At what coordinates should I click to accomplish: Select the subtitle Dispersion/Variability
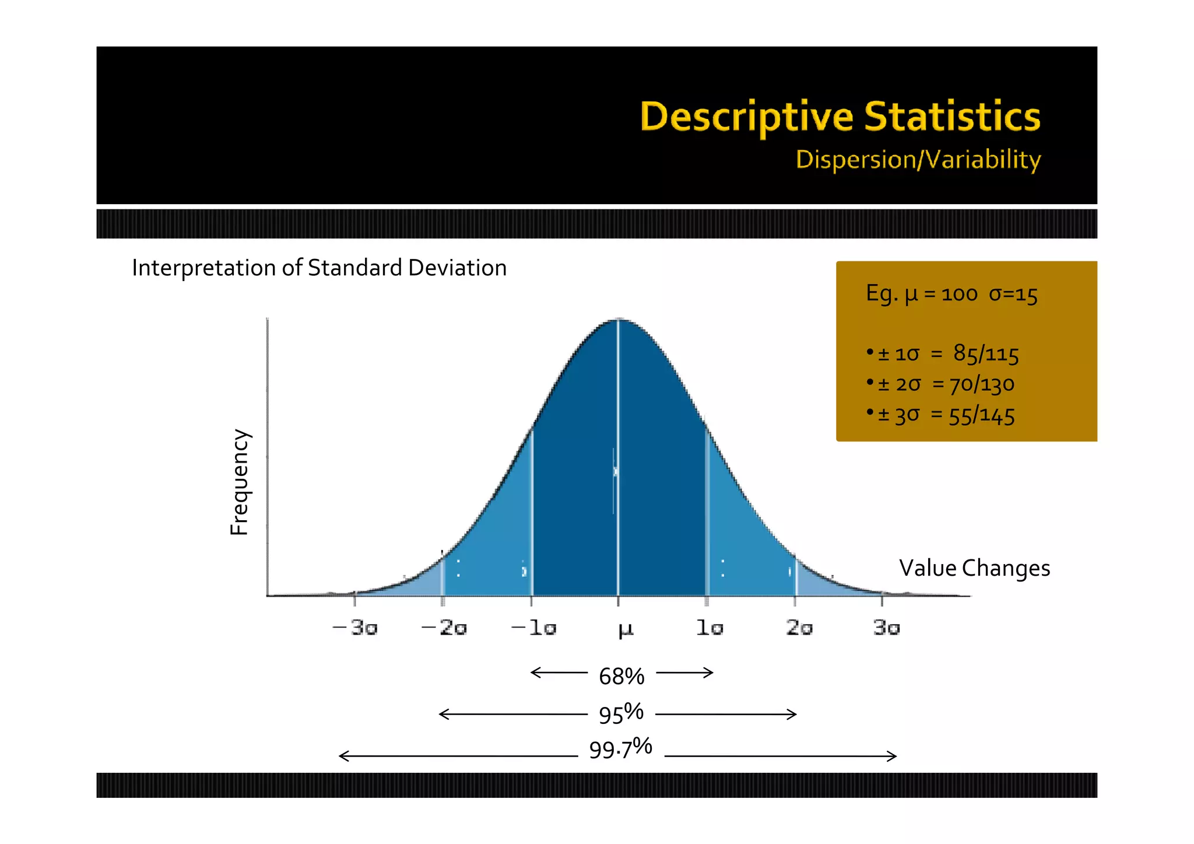[x=918, y=160]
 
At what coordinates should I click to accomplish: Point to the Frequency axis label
[x=240, y=482]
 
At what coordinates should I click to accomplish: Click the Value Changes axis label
[x=974, y=568]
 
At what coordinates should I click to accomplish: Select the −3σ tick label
[x=354, y=628]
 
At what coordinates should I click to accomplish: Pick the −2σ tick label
[x=444, y=628]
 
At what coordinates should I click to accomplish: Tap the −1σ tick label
[x=533, y=628]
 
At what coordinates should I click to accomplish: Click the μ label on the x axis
[x=625, y=629]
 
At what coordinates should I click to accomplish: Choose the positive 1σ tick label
[x=710, y=628]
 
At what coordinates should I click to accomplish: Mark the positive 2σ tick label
[x=799, y=628]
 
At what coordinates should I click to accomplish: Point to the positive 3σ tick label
[x=886, y=628]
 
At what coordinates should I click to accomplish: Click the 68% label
[x=621, y=677]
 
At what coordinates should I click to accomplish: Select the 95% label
[x=621, y=714]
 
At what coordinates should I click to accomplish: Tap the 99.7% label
[x=620, y=749]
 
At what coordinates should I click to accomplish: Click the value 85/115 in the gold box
[x=986, y=354]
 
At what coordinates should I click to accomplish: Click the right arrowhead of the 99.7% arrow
[x=893, y=757]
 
